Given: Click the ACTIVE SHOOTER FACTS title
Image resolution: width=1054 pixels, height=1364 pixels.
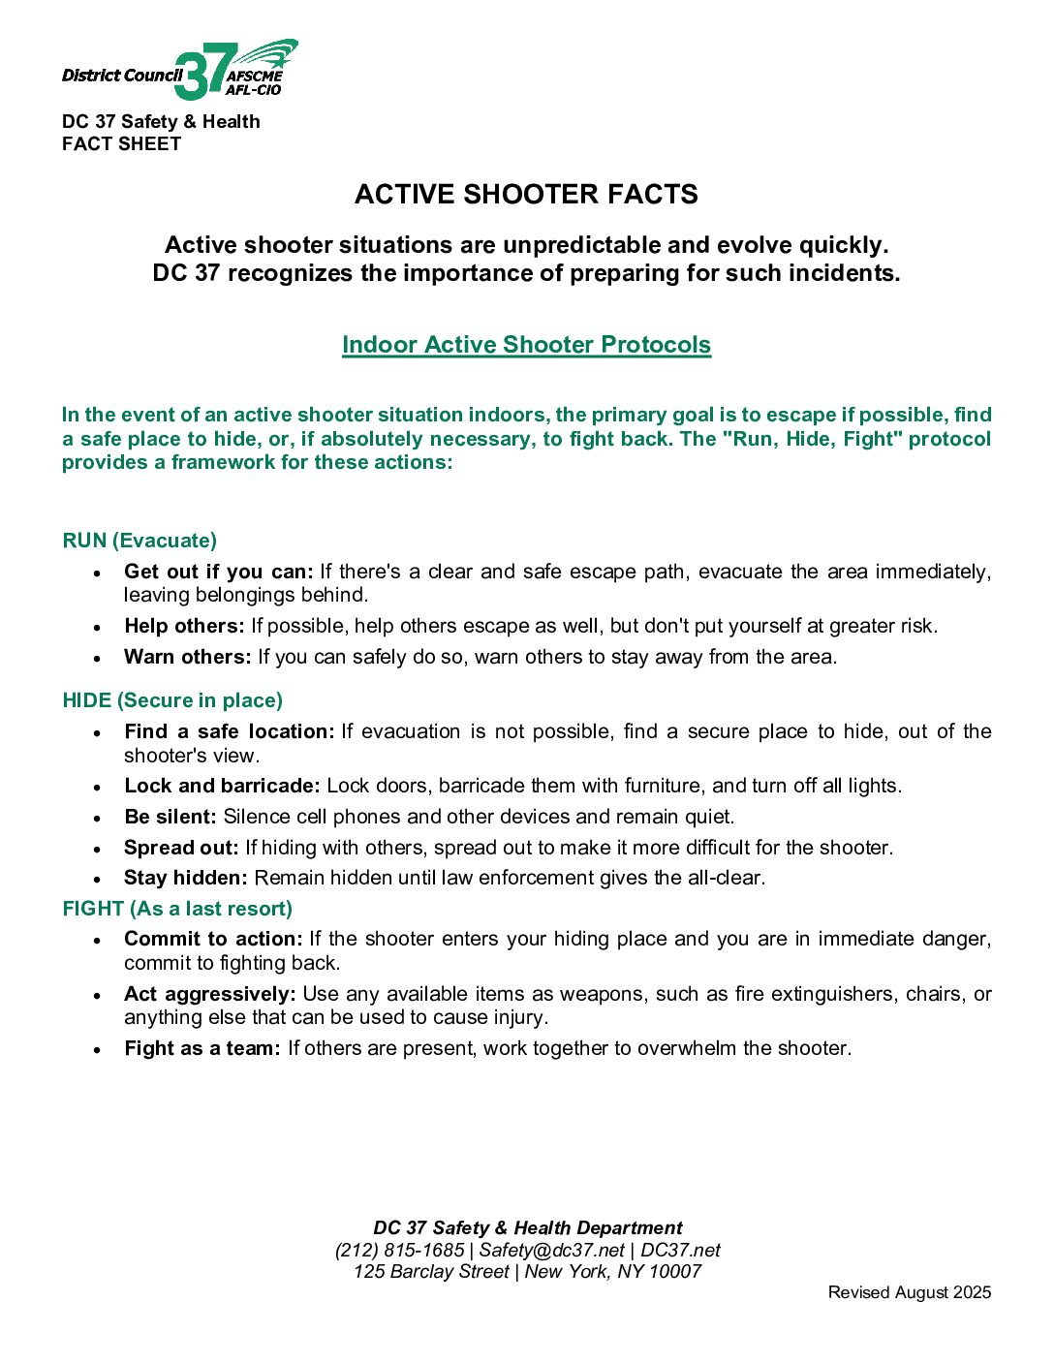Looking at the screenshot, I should [526, 195].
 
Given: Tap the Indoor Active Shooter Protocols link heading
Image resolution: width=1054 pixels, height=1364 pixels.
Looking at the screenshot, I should [526, 345].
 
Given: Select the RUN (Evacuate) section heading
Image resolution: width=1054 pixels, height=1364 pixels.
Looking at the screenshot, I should [139, 541].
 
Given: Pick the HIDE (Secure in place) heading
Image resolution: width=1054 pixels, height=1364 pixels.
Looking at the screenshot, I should [172, 700].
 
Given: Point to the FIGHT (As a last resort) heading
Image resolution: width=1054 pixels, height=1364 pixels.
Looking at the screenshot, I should [177, 909].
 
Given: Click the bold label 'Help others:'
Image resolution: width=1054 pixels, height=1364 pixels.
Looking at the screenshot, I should [184, 626].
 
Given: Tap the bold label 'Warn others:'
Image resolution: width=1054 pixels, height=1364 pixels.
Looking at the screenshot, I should [187, 657].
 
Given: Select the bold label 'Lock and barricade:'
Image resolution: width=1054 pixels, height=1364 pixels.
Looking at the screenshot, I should [222, 786].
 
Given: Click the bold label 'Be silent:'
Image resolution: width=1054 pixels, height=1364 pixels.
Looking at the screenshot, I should [170, 817].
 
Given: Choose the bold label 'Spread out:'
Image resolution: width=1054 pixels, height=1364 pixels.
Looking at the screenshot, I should [181, 848].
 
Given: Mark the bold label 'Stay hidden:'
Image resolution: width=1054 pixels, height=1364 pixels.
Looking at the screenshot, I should [186, 878].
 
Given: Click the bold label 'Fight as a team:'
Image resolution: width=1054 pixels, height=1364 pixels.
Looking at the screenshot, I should [202, 1048].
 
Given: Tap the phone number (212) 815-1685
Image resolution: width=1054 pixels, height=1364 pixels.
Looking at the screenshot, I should [399, 1251].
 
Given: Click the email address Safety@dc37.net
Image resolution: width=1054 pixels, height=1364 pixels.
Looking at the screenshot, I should [551, 1251].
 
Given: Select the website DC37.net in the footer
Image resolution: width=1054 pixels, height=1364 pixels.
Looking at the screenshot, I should [680, 1251].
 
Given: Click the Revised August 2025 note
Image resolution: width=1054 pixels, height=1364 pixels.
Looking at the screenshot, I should [910, 1292].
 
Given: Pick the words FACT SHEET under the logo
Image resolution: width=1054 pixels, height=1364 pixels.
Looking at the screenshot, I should [122, 144].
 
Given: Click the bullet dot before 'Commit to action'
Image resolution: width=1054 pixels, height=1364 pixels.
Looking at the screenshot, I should [98, 941].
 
